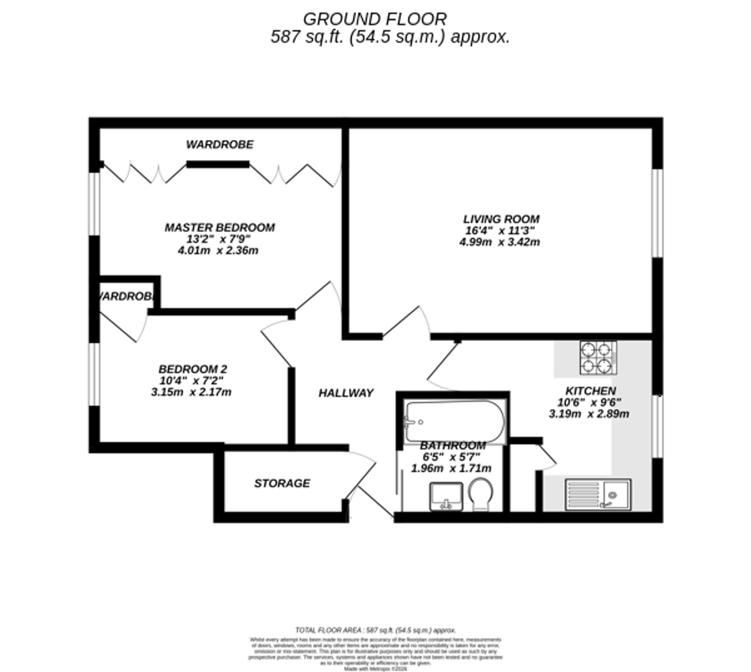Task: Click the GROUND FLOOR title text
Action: tap(375, 20)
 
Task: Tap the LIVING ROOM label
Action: tap(501, 219)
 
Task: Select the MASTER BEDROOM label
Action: tap(220, 228)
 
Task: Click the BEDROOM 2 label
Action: tap(192, 369)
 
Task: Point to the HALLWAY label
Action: tap(346, 393)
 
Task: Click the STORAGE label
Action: tap(282, 483)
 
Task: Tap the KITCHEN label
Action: tap(590, 391)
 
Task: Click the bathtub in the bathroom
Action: tap(454, 421)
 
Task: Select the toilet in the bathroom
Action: tap(481, 493)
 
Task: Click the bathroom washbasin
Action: tap(446, 496)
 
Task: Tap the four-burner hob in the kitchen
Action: tap(598, 357)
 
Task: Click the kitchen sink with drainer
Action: tap(598, 494)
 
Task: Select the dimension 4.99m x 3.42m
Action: tap(499, 242)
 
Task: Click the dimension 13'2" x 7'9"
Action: tap(218, 239)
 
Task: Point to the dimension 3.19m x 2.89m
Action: tap(588, 414)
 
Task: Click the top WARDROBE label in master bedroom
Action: tap(220, 145)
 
